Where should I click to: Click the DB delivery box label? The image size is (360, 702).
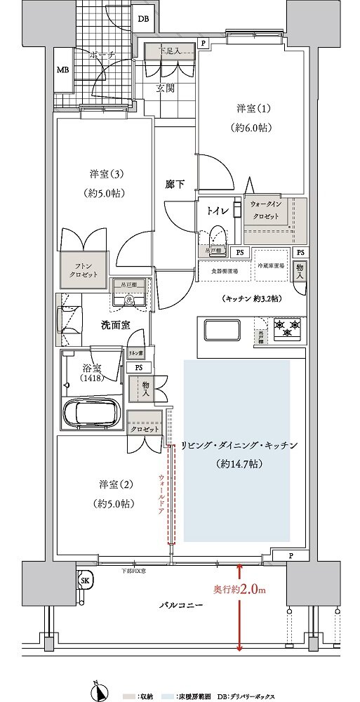point(143,20)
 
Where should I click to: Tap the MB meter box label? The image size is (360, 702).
point(62,70)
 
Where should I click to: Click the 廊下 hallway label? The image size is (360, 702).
point(175,184)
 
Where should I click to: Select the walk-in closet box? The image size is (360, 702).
point(275,220)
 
